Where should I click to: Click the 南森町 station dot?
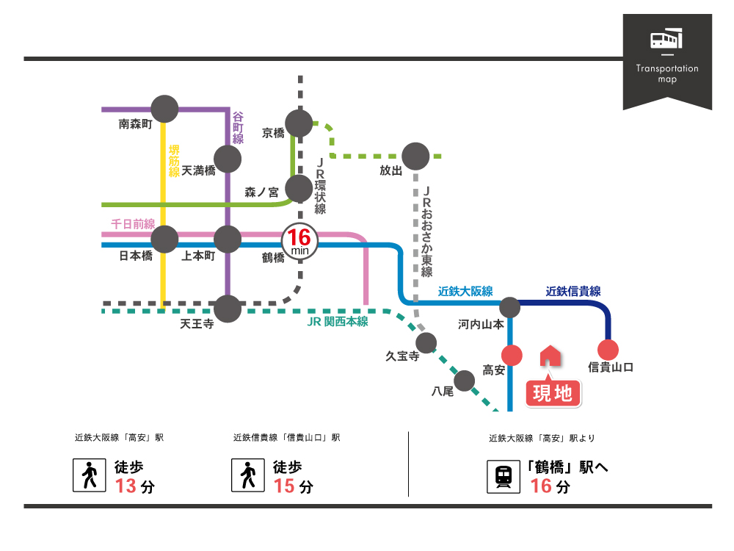click(165, 109)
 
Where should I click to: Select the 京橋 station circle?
click(299, 123)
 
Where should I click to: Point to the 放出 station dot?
click(415, 156)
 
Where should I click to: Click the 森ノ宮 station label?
click(262, 192)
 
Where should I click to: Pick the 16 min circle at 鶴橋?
click(299, 240)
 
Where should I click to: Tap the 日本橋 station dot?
click(164, 239)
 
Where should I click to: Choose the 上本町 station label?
click(198, 256)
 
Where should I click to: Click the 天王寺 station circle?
click(228, 308)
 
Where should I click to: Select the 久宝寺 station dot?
click(426, 342)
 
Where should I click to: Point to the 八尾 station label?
click(443, 392)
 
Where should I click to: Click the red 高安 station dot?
click(511, 356)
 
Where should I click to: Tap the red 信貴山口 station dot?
click(608, 350)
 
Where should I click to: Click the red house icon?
click(550, 356)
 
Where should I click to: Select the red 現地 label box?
click(553, 394)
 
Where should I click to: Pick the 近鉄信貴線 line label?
click(573, 291)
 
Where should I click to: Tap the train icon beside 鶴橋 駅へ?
click(504, 476)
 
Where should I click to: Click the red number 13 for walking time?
click(126, 486)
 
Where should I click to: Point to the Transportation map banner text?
click(667, 73)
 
